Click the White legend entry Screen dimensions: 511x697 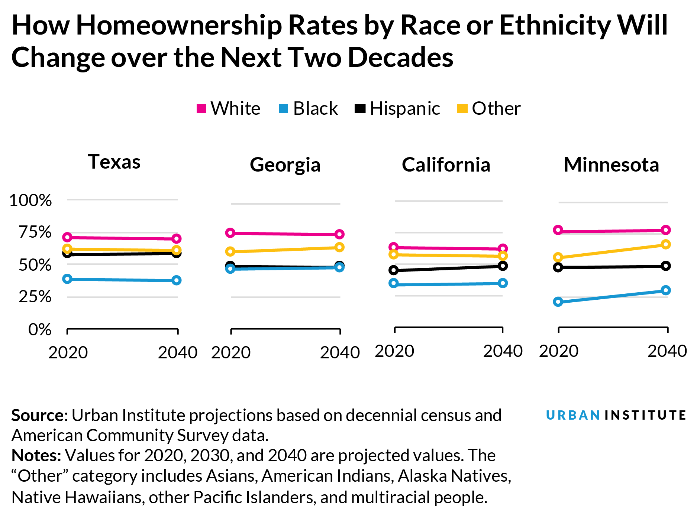[229, 108]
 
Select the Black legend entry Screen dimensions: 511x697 [309, 108]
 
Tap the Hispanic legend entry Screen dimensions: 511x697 [398, 108]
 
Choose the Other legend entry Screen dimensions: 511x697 [489, 108]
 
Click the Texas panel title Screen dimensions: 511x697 [114, 162]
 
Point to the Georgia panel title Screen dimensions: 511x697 [285, 165]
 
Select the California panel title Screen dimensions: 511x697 [446, 165]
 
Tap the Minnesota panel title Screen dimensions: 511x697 [612, 165]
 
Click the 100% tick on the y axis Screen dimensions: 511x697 [30, 201]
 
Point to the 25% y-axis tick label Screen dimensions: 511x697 [35, 297]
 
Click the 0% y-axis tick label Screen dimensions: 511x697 [40, 329]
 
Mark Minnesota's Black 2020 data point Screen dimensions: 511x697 [558, 302]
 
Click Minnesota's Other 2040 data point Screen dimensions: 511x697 [666, 244]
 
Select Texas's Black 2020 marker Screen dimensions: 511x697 [67, 279]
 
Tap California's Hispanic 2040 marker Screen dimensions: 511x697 [503, 266]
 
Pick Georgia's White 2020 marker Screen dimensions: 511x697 [230, 233]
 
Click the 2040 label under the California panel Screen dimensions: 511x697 [503, 351]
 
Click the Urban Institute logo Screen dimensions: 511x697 [616, 415]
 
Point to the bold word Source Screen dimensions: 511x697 [37, 416]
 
